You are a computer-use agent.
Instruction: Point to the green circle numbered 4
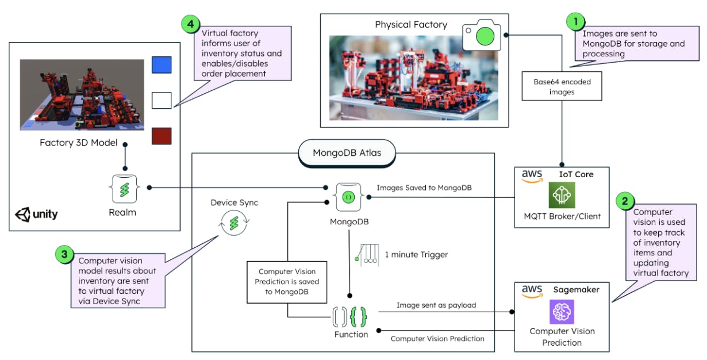(x=190, y=25)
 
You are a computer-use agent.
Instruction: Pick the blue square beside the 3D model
(x=161, y=65)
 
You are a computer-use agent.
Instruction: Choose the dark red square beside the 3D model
(x=161, y=136)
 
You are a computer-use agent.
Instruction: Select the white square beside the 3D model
(x=161, y=101)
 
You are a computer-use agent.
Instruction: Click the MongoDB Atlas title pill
(x=347, y=153)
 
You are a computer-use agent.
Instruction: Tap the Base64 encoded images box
(x=562, y=86)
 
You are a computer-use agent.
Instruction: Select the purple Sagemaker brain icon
(x=562, y=312)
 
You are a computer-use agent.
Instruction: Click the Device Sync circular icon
(x=233, y=224)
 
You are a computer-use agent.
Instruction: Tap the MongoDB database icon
(x=348, y=198)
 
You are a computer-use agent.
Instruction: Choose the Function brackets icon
(x=349, y=315)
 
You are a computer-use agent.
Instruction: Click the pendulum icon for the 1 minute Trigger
(x=366, y=254)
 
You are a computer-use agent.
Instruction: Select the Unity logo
(x=37, y=215)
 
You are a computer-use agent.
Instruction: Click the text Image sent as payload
(x=436, y=305)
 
